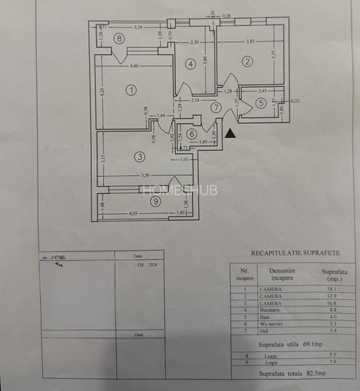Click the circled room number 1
click(130, 90)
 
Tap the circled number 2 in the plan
click(246, 61)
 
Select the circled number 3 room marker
click(140, 156)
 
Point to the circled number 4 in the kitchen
click(190, 64)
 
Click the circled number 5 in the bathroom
click(260, 103)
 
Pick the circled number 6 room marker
click(191, 134)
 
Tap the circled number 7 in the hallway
click(216, 108)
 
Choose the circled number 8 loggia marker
click(120, 39)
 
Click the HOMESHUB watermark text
click(179, 190)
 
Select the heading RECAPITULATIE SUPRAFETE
click(295, 253)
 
